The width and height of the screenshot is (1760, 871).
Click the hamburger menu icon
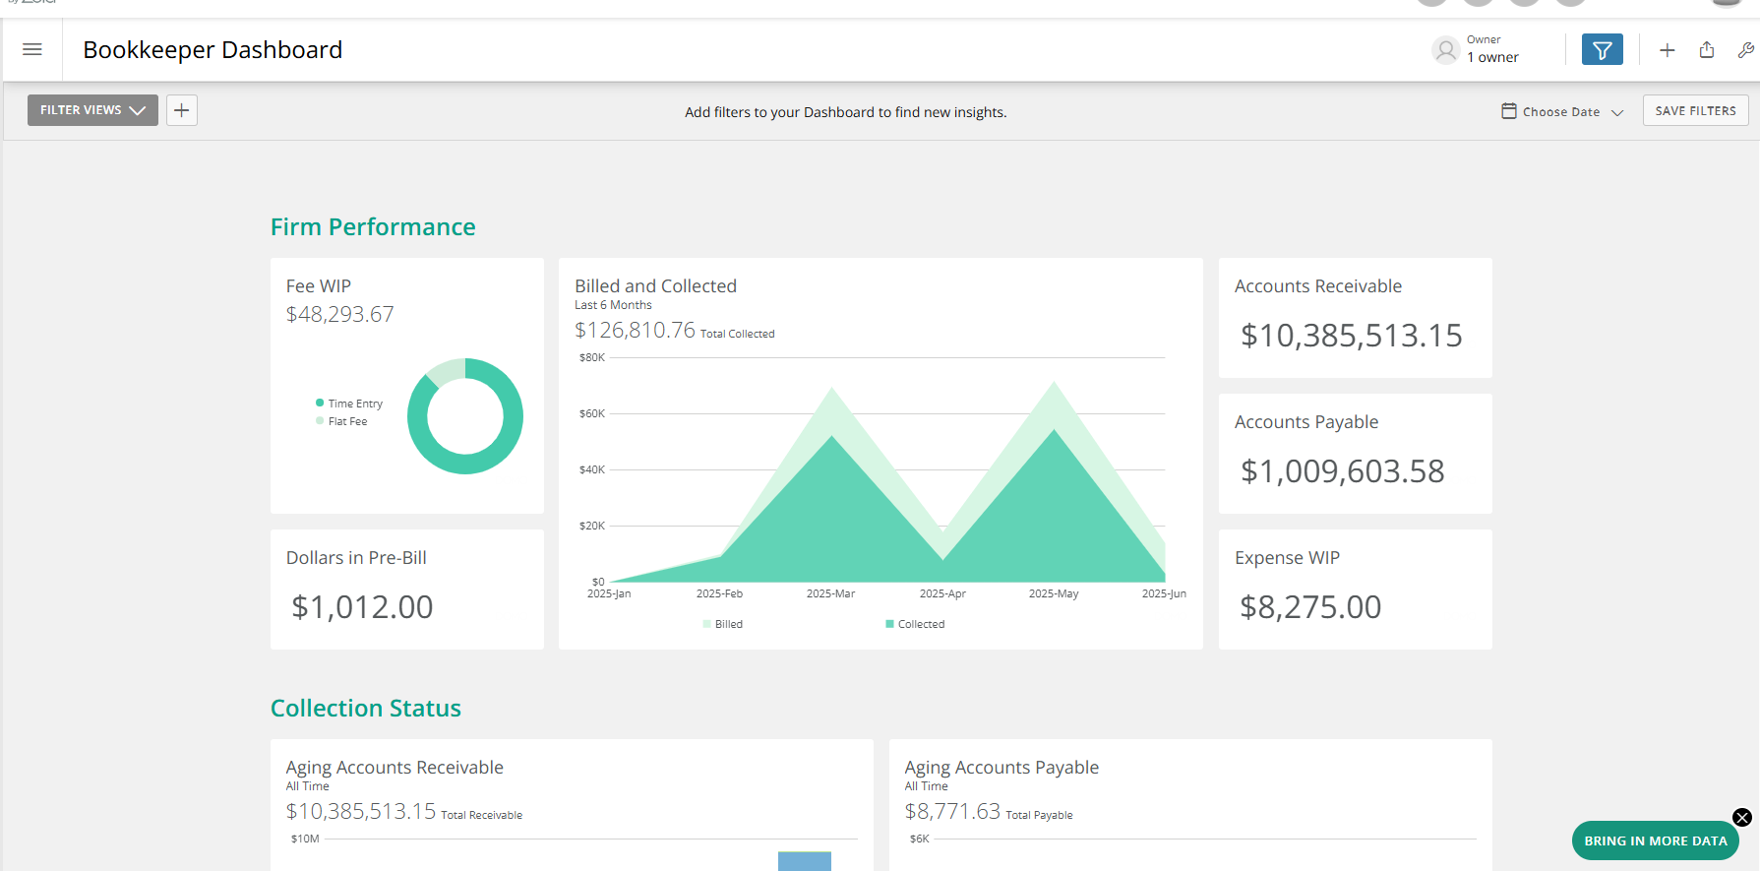click(x=32, y=49)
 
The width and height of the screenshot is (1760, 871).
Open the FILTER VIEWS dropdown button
click(x=92, y=110)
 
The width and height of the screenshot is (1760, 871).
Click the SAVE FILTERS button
click(x=1695, y=110)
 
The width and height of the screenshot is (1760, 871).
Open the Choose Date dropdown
click(x=1562, y=112)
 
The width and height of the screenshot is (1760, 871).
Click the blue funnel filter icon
click(x=1602, y=49)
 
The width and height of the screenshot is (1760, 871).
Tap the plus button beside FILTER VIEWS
click(x=182, y=110)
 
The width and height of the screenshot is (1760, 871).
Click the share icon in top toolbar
click(x=1707, y=50)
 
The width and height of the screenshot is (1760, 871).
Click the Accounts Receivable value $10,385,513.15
click(x=1351, y=336)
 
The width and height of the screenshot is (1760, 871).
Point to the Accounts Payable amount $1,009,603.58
click(x=1342, y=471)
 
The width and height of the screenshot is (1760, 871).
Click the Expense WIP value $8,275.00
click(x=1310, y=607)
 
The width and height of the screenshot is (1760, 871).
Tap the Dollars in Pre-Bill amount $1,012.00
click(x=362, y=607)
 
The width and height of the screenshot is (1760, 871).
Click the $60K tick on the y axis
click(x=592, y=413)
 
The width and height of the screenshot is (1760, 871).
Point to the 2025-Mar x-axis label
click(x=830, y=593)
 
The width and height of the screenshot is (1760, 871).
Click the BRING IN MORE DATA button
click(x=1655, y=840)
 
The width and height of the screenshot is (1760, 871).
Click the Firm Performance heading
click(x=373, y=227)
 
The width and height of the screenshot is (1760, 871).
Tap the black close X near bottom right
click(x=1741, y=817)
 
